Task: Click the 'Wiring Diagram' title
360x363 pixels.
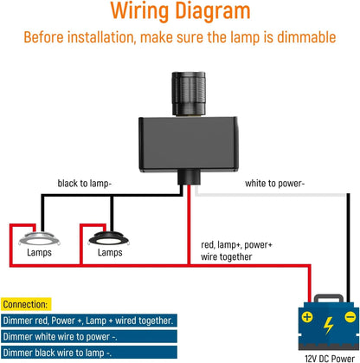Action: (x=180, y=12)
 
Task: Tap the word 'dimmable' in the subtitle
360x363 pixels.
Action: (x=311, y=37)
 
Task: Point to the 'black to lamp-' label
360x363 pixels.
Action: (x=83, y=184)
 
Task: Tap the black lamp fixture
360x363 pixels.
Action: (x=110, y=237)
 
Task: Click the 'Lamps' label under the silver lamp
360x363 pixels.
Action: (x=39, y=253)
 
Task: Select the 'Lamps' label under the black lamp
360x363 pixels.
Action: (x=110, y=253)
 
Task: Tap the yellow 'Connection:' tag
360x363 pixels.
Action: (x=25, y=304)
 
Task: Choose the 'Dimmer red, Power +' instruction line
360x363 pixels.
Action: (x=88, y=321)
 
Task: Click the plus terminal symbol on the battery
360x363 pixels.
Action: (x=306, y=317)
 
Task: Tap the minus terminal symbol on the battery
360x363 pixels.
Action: (x=346, y=317)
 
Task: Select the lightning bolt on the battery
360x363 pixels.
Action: (x=326, y=326)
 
